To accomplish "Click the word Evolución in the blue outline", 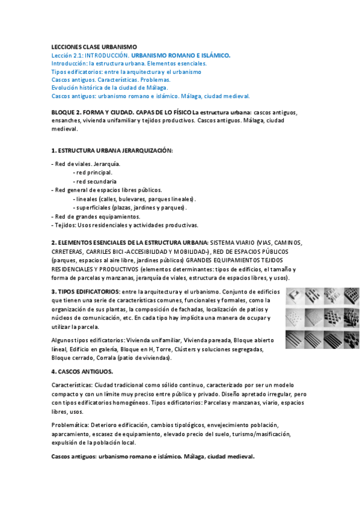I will (x=66, y=87).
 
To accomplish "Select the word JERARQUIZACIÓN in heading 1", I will (x=142, y=150).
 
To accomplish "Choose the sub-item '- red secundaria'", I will (x=94, y=181).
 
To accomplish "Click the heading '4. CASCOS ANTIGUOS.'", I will (x=82, y=372).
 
